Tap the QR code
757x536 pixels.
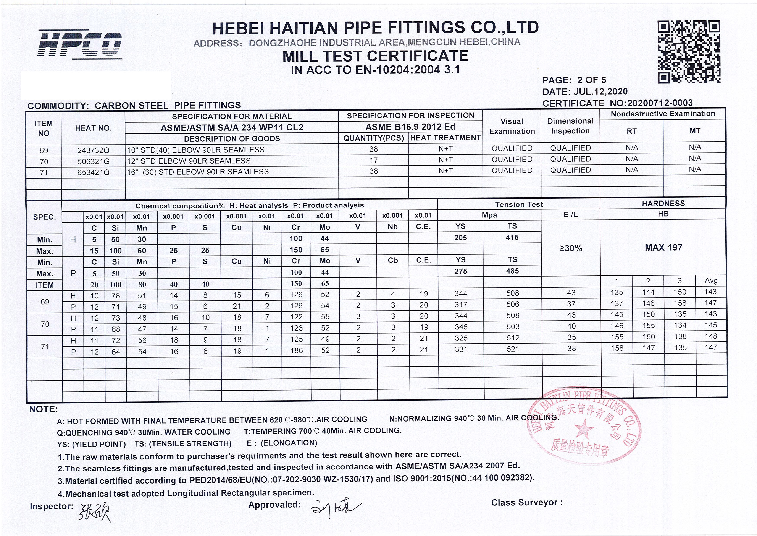pos(689,52)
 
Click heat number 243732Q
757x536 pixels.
pos(93,150)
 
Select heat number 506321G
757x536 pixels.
pos(93,161)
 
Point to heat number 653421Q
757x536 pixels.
pos(93,172)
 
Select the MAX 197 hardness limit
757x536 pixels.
pos(663,248)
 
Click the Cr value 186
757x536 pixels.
pos(296,350)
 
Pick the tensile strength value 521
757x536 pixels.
pos(513,349)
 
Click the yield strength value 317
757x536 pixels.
pos(461,305)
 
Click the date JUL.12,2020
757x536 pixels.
pos(600,91)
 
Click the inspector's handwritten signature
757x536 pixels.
pos(94,513)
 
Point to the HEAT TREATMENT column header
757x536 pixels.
pos(445,138)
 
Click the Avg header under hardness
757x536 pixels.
pos(711,281)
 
